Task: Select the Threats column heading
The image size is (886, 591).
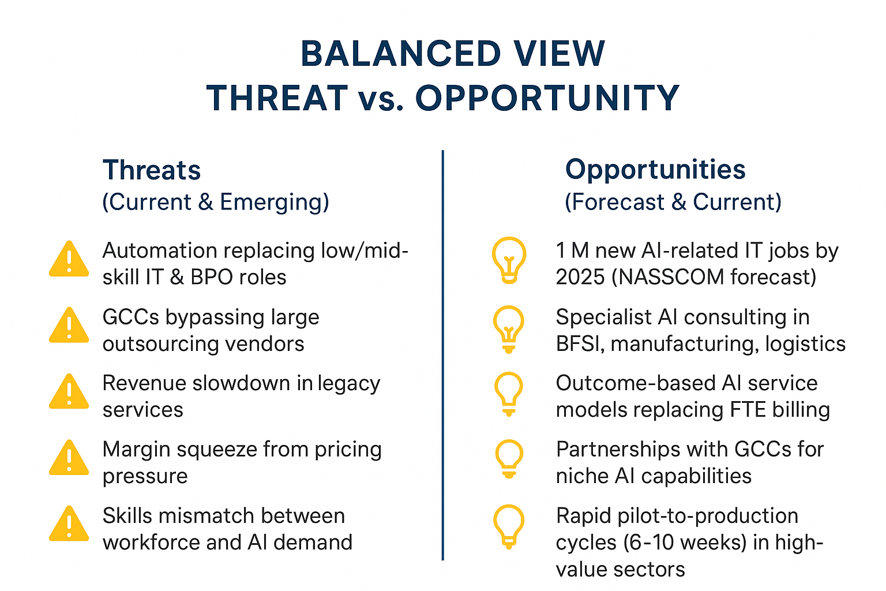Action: tap(152, 170)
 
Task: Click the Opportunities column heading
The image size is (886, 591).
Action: tap(655, 170)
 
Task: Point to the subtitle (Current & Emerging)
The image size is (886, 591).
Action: tap(216, 202)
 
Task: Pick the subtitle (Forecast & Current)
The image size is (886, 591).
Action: tap(673, 202)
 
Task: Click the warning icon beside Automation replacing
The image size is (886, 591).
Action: tap(69, 259)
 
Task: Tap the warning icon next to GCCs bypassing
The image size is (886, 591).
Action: tap(69, 325)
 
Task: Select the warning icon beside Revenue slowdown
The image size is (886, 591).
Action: tap(69, 391)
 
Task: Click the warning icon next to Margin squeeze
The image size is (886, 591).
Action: tap(69, 457)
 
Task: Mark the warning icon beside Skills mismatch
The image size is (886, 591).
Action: tap(69, 523)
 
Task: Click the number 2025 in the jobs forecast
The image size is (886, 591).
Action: tap(580, 276)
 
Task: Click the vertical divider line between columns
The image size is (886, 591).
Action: tap(442, 355)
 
